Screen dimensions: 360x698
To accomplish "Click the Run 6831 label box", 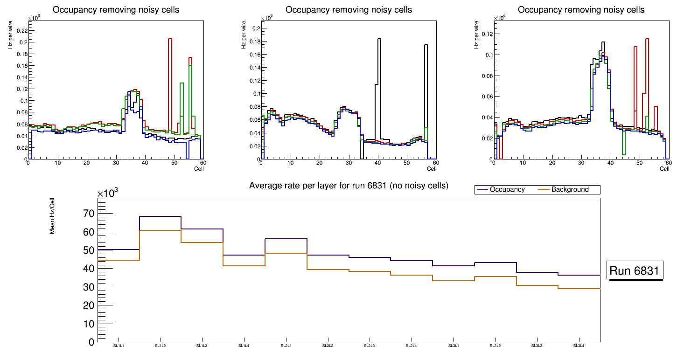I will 635,270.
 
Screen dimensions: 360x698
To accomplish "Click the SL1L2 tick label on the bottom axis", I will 161,346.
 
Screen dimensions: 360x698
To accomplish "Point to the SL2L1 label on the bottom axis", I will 286,346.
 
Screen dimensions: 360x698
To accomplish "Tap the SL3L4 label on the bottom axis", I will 579,346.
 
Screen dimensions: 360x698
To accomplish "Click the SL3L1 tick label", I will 454,346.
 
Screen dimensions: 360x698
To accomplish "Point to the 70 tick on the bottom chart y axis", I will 88,214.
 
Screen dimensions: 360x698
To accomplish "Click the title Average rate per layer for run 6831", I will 349,186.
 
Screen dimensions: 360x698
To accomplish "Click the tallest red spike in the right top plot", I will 647,39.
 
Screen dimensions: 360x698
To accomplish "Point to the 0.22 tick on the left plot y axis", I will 21,30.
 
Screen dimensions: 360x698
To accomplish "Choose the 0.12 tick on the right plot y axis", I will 486,34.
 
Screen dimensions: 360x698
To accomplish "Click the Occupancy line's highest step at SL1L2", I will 161,216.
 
